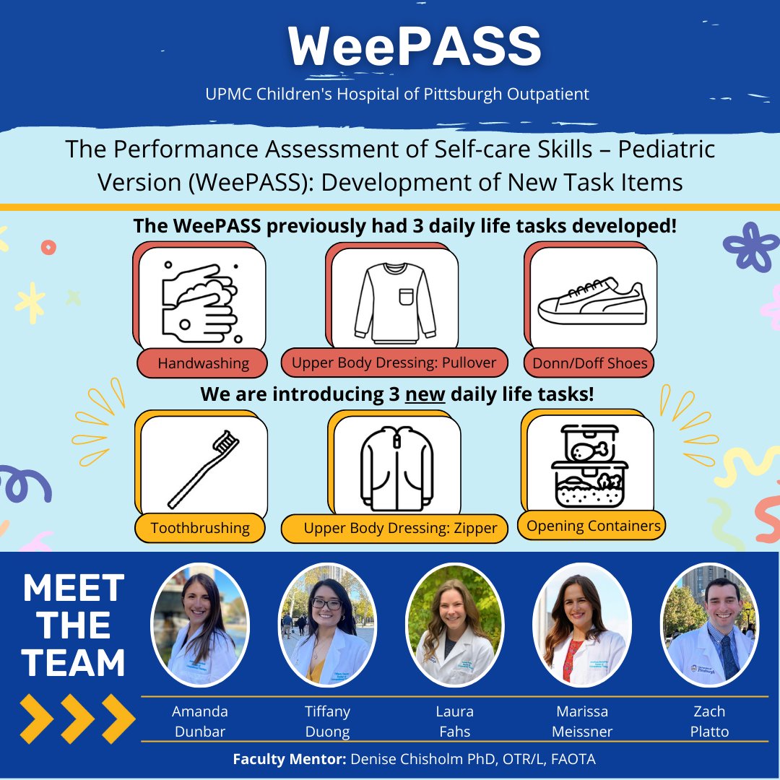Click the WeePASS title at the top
(415, 48)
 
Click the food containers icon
(589, 465)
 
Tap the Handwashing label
(203, 363)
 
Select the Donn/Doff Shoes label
(590, 363)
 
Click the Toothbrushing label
(200, 528)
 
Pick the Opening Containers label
(593, 526)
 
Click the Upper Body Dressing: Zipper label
(399, 529)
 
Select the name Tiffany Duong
(327, 721)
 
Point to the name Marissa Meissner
(581, 721)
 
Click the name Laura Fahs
(454, 721)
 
